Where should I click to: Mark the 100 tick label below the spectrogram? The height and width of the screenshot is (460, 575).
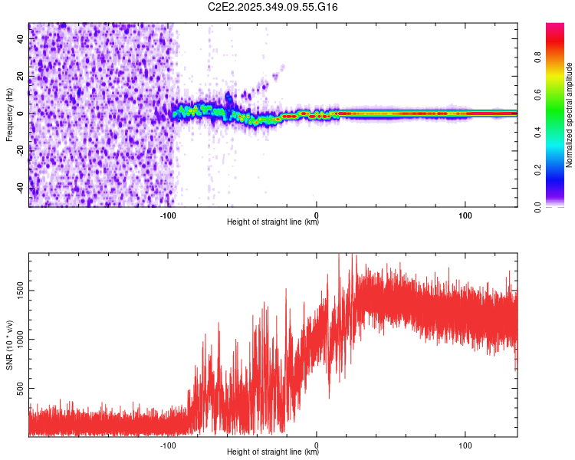click(465, 215)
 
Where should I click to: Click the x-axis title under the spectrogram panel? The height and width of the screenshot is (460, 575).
click(273, 222)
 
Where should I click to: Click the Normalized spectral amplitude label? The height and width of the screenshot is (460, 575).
click(569, 115)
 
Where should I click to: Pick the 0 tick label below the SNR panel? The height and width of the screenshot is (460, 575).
click(317, 445)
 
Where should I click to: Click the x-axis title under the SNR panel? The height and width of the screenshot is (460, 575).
click(273, 452)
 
